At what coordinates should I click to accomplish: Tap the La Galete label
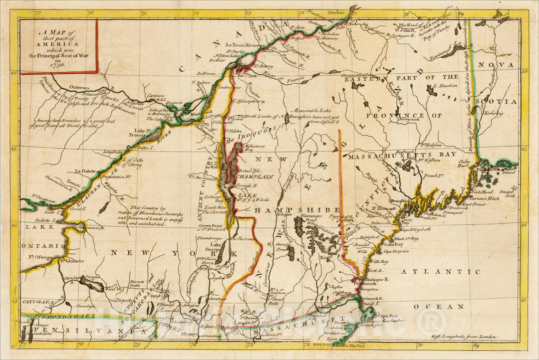click(84, 171)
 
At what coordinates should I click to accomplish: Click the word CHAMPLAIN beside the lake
click(255, 177)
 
